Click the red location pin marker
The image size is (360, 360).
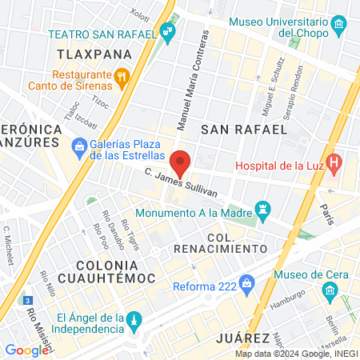coord(182,162)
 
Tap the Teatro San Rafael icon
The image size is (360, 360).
coord(167,33)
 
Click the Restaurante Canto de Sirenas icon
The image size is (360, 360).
coord(122,77)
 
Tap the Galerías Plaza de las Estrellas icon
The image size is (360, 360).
coord(78,146)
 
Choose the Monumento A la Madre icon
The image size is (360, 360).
coord(261,212)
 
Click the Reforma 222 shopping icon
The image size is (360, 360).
coord(248,282)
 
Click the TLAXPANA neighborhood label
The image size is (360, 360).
coord(94,54)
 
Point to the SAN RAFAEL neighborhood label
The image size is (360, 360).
coord(243,128)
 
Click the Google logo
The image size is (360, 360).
coord(26,350)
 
